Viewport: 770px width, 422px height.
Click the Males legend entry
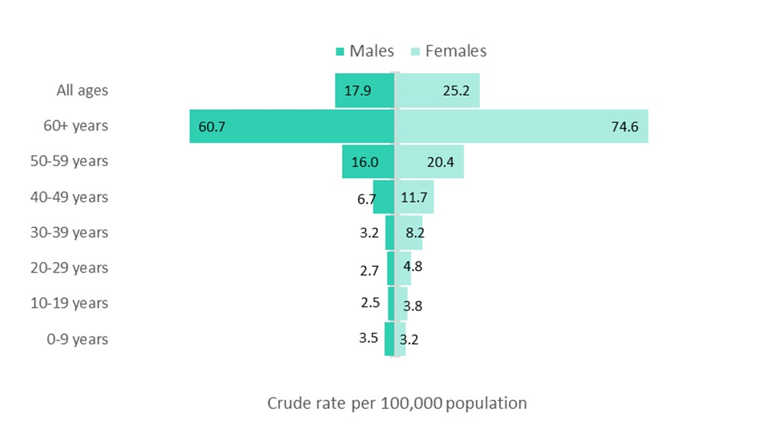(x=365, y=51)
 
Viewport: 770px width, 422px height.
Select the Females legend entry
(x=448, y=51)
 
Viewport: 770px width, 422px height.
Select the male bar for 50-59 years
(x=368, y=162)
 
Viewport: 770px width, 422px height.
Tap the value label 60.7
(x=211, y=127)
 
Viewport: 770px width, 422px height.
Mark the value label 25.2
(x=456, y=90)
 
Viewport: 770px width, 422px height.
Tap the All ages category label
(x=82, y=90)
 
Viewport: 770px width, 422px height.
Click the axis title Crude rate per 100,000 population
(x=397, y=403)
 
